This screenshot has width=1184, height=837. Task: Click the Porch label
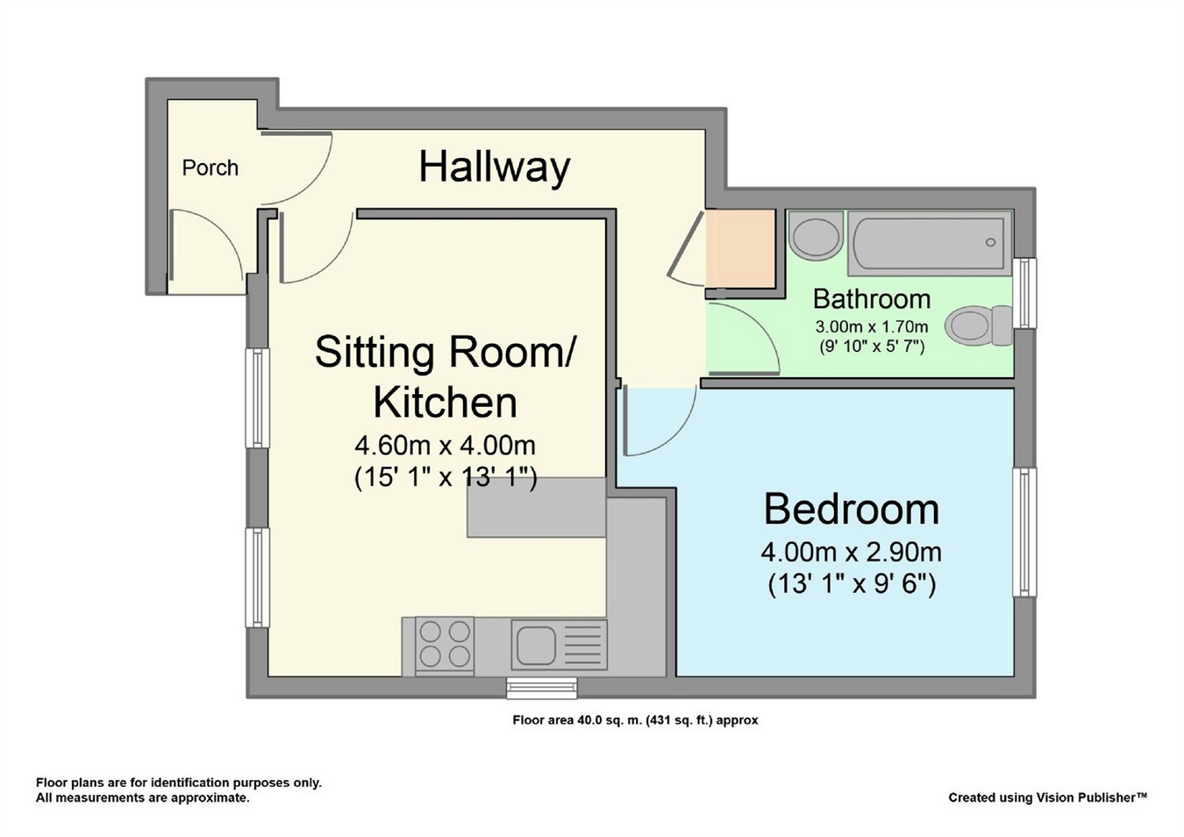pyautogui.click(x=210, y=168)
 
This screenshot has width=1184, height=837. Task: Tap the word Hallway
pyautogui.click(x=495, y=168)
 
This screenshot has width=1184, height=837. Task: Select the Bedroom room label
pyautogui.click(x=852, y=509)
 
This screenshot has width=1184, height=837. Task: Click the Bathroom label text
pyautogui.click(x=872, y=299)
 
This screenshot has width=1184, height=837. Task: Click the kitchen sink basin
pyautogui.click(x=536, y=645)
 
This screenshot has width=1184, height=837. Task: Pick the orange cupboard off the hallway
pyautogui.click(x=740, y=248)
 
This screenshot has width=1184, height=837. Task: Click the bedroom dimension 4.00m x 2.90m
pyautogui.click(x=851, y=553)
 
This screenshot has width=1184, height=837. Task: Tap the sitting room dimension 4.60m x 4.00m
pyautogui.click(x=445, y=446)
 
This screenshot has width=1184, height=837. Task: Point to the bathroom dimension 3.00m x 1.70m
pyautogui.click(x=872, y=326)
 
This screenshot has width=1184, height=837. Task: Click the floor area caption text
pyautogui.click(x=635, y=720)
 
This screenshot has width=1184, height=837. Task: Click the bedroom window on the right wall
pyautogui.click(x=1024, y=532)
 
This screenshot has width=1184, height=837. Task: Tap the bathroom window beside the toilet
pyautogui.click(x=1024, y=293)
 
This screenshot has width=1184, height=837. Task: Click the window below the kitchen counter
pyautogui.click(x=542, y=688)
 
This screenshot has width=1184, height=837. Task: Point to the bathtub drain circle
pyautogui.click(x=990, y=242)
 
